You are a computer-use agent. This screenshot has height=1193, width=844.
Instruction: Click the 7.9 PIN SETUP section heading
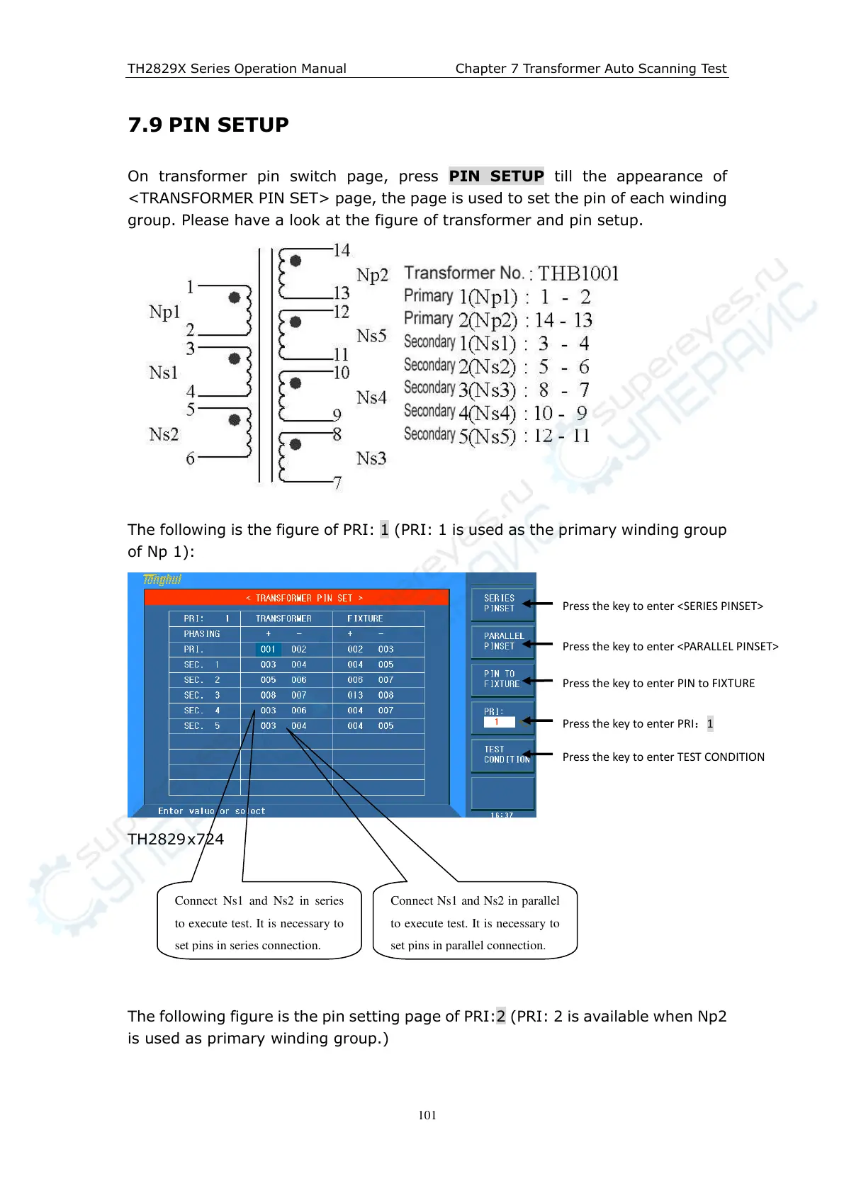208,125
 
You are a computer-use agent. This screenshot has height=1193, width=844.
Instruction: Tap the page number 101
427,1114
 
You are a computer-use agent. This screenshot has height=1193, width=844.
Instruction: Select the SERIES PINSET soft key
502,604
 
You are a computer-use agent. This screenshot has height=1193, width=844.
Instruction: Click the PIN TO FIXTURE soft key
502,679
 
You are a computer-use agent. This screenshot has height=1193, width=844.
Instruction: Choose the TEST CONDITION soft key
502,754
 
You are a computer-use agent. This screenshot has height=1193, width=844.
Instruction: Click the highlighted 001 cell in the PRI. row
268,649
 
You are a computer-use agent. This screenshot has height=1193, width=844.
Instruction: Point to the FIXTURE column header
365,618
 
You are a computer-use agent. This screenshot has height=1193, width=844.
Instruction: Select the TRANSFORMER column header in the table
283,618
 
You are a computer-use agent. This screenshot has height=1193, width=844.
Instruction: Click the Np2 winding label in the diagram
372,275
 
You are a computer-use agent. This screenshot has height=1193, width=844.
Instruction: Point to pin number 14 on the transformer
342,250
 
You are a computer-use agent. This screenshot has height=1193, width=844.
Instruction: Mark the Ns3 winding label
371,458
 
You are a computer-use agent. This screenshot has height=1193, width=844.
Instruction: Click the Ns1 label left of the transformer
164,373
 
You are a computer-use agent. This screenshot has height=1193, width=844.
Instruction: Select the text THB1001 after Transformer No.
578,273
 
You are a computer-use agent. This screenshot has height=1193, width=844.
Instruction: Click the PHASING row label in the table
202,634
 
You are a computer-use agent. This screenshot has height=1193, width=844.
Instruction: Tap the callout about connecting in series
259,922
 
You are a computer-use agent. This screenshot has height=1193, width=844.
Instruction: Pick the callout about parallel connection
475,922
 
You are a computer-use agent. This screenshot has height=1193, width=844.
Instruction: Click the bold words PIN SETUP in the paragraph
496,176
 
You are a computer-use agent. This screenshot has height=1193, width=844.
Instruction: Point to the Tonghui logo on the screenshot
162,579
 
